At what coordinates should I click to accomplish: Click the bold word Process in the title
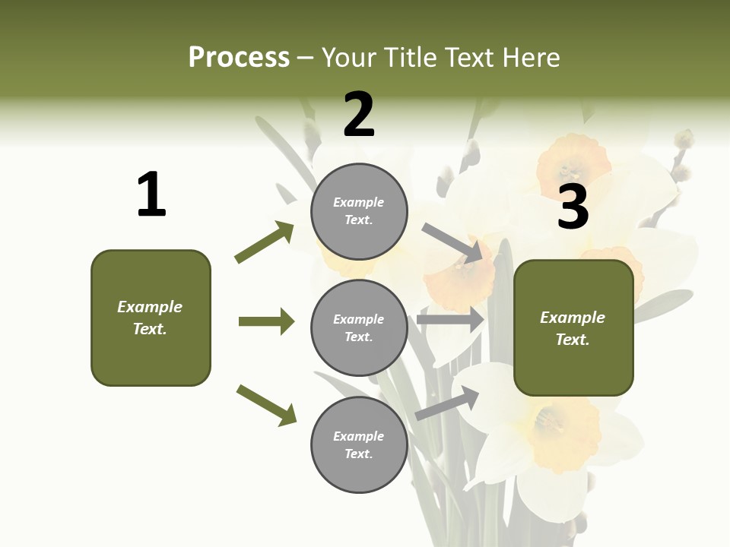point(239,58)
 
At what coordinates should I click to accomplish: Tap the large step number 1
point(151,194)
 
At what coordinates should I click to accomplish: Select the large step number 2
point(359,115)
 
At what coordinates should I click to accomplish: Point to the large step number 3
point(573,207)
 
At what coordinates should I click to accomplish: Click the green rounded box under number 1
point(151,318)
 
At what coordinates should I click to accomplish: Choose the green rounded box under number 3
point(573,328)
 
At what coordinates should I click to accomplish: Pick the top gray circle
point(359,211)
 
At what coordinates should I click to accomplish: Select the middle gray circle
point(359,327)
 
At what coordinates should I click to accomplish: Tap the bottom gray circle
point(359,444)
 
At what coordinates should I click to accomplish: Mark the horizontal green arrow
point(266,321)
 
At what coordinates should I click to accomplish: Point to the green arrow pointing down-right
point(266,405)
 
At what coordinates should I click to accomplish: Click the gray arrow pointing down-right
point(452,242)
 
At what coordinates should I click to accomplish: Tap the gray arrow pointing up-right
point(447,403)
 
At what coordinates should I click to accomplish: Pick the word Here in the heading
point(530,58)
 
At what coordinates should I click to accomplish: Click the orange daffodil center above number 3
point(572,160)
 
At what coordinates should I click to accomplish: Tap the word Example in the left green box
point(150,307)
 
